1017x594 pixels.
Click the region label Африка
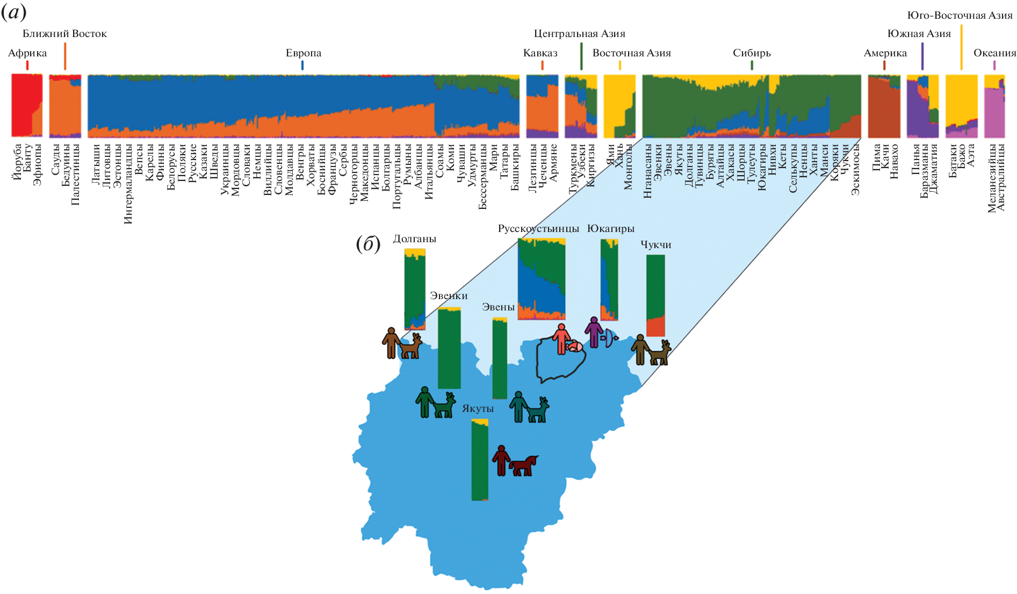tap(27, 53)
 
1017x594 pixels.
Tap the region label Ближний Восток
tap(64, 34)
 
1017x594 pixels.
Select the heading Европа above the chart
tap(304, 53)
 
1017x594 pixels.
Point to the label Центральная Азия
tap(579, 34)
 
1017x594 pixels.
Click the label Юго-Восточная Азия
tap(960, 16)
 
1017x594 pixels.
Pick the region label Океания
tap(994, 53)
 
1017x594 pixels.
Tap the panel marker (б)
tap(368, 244)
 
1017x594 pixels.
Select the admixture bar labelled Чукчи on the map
tap(655, 295)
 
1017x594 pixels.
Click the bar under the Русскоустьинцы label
tap(541, 279)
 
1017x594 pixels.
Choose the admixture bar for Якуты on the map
tap(480, 460)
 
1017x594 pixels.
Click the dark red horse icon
tap(523, 465)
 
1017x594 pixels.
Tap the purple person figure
tap(594, 332)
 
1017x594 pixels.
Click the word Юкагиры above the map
tap(611, 229)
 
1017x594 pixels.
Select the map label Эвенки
tap(449, 296)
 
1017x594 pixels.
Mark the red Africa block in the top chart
tap(21, 105)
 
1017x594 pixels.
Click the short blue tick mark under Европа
tap(302, 65)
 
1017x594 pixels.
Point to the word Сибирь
tap(752, 53)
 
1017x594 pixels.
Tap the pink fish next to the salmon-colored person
tap(574, 346)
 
